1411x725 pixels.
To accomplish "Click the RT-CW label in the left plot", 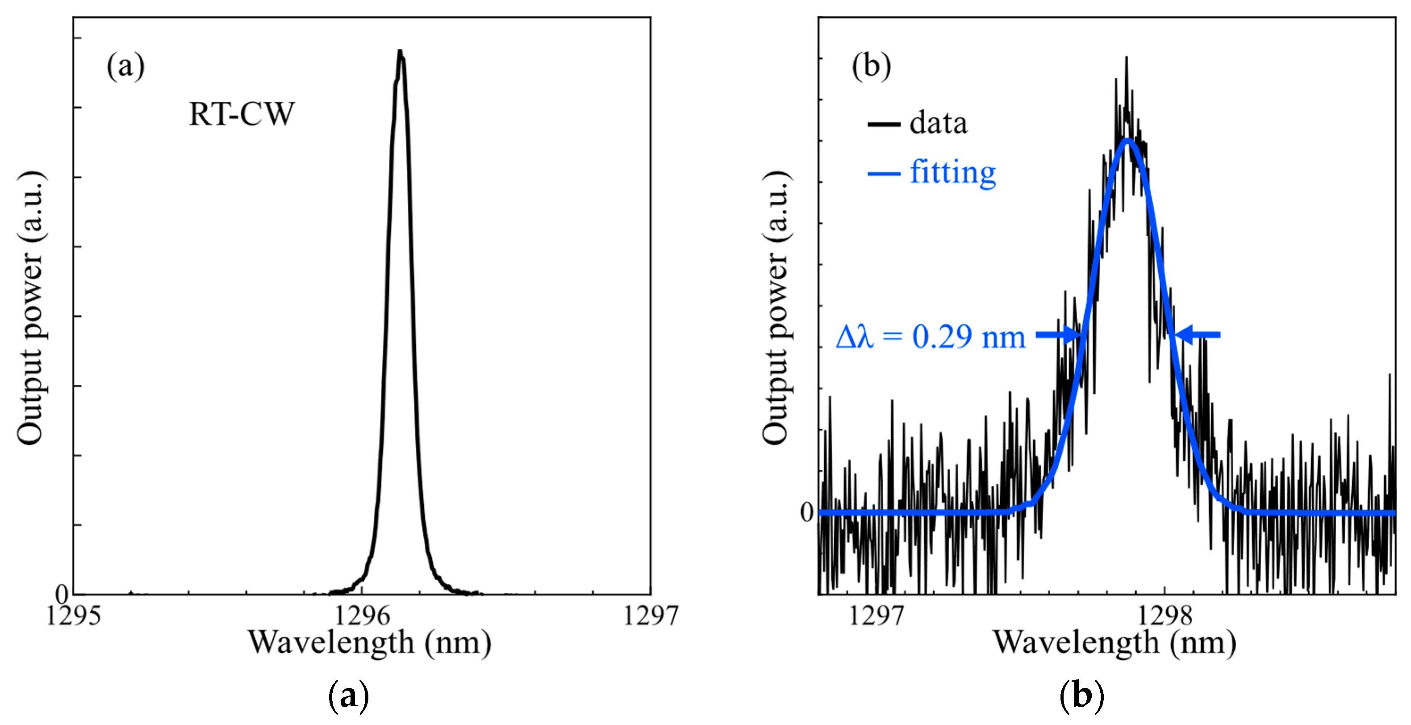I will [x=242, y=114].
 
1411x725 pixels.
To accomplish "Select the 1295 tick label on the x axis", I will [x=73, y=616].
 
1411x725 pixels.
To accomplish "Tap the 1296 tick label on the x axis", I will [x=362, y=616].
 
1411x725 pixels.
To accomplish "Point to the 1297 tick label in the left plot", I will [x=651, y=616].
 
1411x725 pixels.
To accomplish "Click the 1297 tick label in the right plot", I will [x=875, y=616].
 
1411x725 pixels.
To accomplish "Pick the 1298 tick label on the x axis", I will [x=1165, y=616].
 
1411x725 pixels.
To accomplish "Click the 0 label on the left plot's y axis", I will [x=62, y=593].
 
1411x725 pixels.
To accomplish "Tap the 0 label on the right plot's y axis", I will [x=807, y=512].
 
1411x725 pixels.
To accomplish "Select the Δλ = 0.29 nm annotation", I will [x=930, y=336].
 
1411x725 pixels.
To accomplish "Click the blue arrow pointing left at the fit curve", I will [x=1198, y=334].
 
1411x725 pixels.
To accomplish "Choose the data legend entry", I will [x=918, y=123].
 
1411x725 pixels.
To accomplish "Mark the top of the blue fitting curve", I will [x=1127, y=140].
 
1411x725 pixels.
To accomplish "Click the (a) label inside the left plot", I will [x=125, y=66].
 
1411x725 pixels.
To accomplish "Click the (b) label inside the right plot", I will [x=871, y=66].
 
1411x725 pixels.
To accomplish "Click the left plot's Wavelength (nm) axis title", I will [x=370, y=643].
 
